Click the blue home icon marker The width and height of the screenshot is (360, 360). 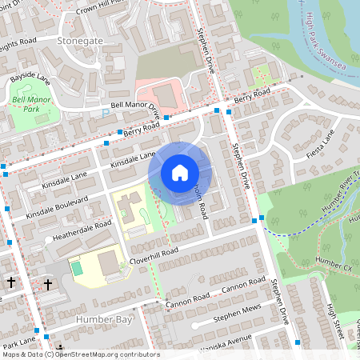179,172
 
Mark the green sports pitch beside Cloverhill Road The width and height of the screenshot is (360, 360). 77,268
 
